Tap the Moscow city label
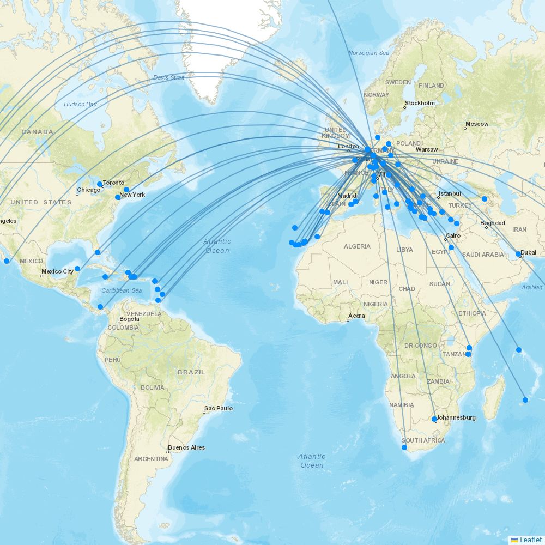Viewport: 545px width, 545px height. click(477, 124)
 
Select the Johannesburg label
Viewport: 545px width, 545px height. click(457, 417)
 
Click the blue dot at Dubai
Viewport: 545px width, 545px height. click(518, 254)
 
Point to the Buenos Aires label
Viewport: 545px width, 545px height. click(186, 447)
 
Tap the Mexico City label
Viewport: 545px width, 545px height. click(57, 271)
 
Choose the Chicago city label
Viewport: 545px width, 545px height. click(89, 190)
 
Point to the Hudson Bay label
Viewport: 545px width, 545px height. click(80, 104)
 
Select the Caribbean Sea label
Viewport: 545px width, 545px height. click(122, 290)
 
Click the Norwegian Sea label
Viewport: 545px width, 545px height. click(369, 53)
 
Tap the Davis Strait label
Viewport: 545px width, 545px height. click(169, 77)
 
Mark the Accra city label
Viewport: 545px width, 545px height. click(358, 316)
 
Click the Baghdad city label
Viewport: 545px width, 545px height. click(493, 223)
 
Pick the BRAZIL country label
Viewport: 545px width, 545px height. click(191, 372)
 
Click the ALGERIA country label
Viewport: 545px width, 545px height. click(357, 246)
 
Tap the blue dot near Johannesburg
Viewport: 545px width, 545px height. click(434, 419)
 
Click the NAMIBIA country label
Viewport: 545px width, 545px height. click(401, 405)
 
